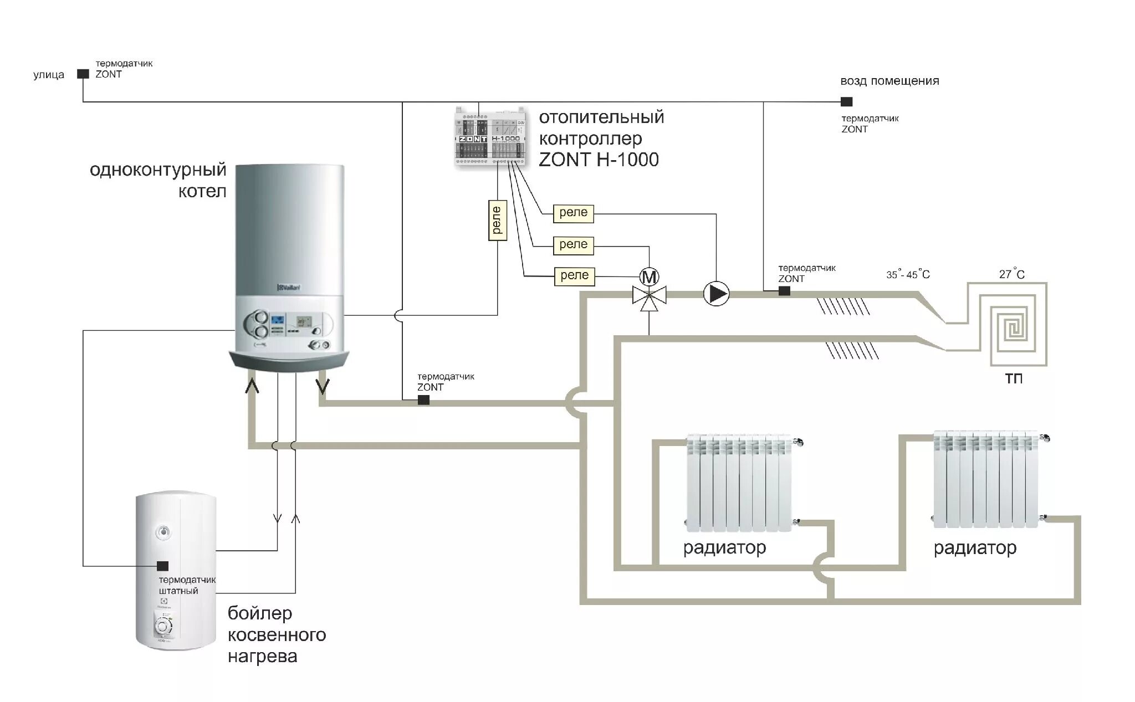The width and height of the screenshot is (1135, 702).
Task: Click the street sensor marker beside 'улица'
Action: click(x=83, y=74)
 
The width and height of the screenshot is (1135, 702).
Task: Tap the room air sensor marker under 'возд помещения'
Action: click(x=846, y=102)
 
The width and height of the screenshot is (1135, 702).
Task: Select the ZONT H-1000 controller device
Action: click(x=489, y=137)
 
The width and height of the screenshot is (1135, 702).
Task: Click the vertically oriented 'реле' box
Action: click(x=497, y=220)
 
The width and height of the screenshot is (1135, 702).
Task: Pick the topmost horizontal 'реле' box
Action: click(x=573, y=213)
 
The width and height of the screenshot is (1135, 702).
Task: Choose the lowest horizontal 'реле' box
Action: click(x=574, y=276)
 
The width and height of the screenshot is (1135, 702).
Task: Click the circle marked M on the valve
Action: click(x=649, y=276)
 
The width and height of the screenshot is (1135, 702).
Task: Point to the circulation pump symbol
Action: click(x=716, y=294)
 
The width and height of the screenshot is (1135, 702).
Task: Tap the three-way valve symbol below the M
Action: click(x=649, y=296)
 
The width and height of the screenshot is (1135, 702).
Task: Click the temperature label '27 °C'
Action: click(x=1011, y=274)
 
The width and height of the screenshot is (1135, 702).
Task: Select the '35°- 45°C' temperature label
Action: click(x=908, y=274)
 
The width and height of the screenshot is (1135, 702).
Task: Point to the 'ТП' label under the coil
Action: click(x=1014, y=378)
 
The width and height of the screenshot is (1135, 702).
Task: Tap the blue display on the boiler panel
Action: click(x=278, y=320)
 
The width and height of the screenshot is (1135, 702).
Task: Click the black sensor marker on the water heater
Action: click(x=163, y=566)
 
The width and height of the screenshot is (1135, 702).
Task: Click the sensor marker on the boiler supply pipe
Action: click(x=423, y=400)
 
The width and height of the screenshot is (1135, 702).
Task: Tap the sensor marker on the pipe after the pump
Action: click(x=784, y=291)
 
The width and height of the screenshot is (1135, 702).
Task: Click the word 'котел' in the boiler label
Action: click(x=202, y=192)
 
